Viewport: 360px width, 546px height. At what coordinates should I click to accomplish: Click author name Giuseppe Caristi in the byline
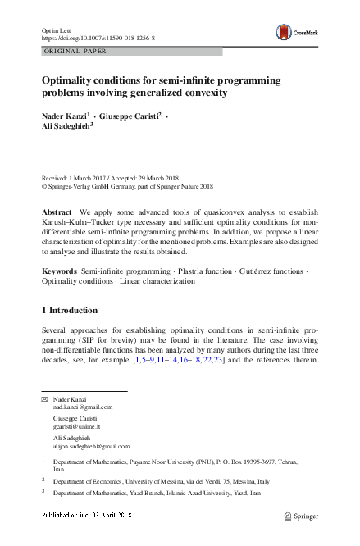point(129,117)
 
